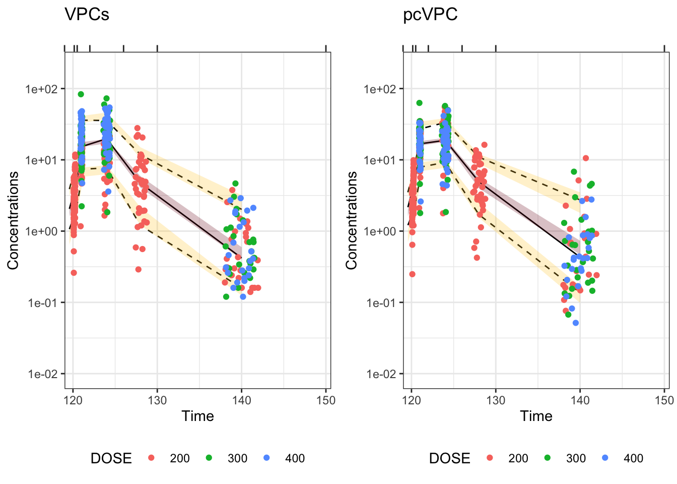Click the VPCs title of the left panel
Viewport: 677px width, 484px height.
point(87,15)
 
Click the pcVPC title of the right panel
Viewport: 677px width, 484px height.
point(430,15)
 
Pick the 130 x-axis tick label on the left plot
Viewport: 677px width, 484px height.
point(157,400)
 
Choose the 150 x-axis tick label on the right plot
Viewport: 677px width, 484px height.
point(664,400)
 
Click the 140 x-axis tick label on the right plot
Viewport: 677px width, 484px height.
point(580,400)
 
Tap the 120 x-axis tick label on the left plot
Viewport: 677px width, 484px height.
point(73,400)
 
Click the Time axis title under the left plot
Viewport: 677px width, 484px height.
point(197,416)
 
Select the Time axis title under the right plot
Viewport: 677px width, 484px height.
point(536,416)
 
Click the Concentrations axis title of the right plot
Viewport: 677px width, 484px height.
point(351,220)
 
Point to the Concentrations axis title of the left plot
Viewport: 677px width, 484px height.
point(13,220)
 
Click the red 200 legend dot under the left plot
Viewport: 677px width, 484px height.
point(152,458)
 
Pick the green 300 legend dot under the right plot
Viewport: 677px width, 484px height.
point(548,458)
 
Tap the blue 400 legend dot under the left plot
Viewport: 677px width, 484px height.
point(266,458)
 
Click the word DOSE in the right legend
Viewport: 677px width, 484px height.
point(449,458)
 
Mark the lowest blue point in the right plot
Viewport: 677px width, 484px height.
point(576,323)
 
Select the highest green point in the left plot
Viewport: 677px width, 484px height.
point(81,94)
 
